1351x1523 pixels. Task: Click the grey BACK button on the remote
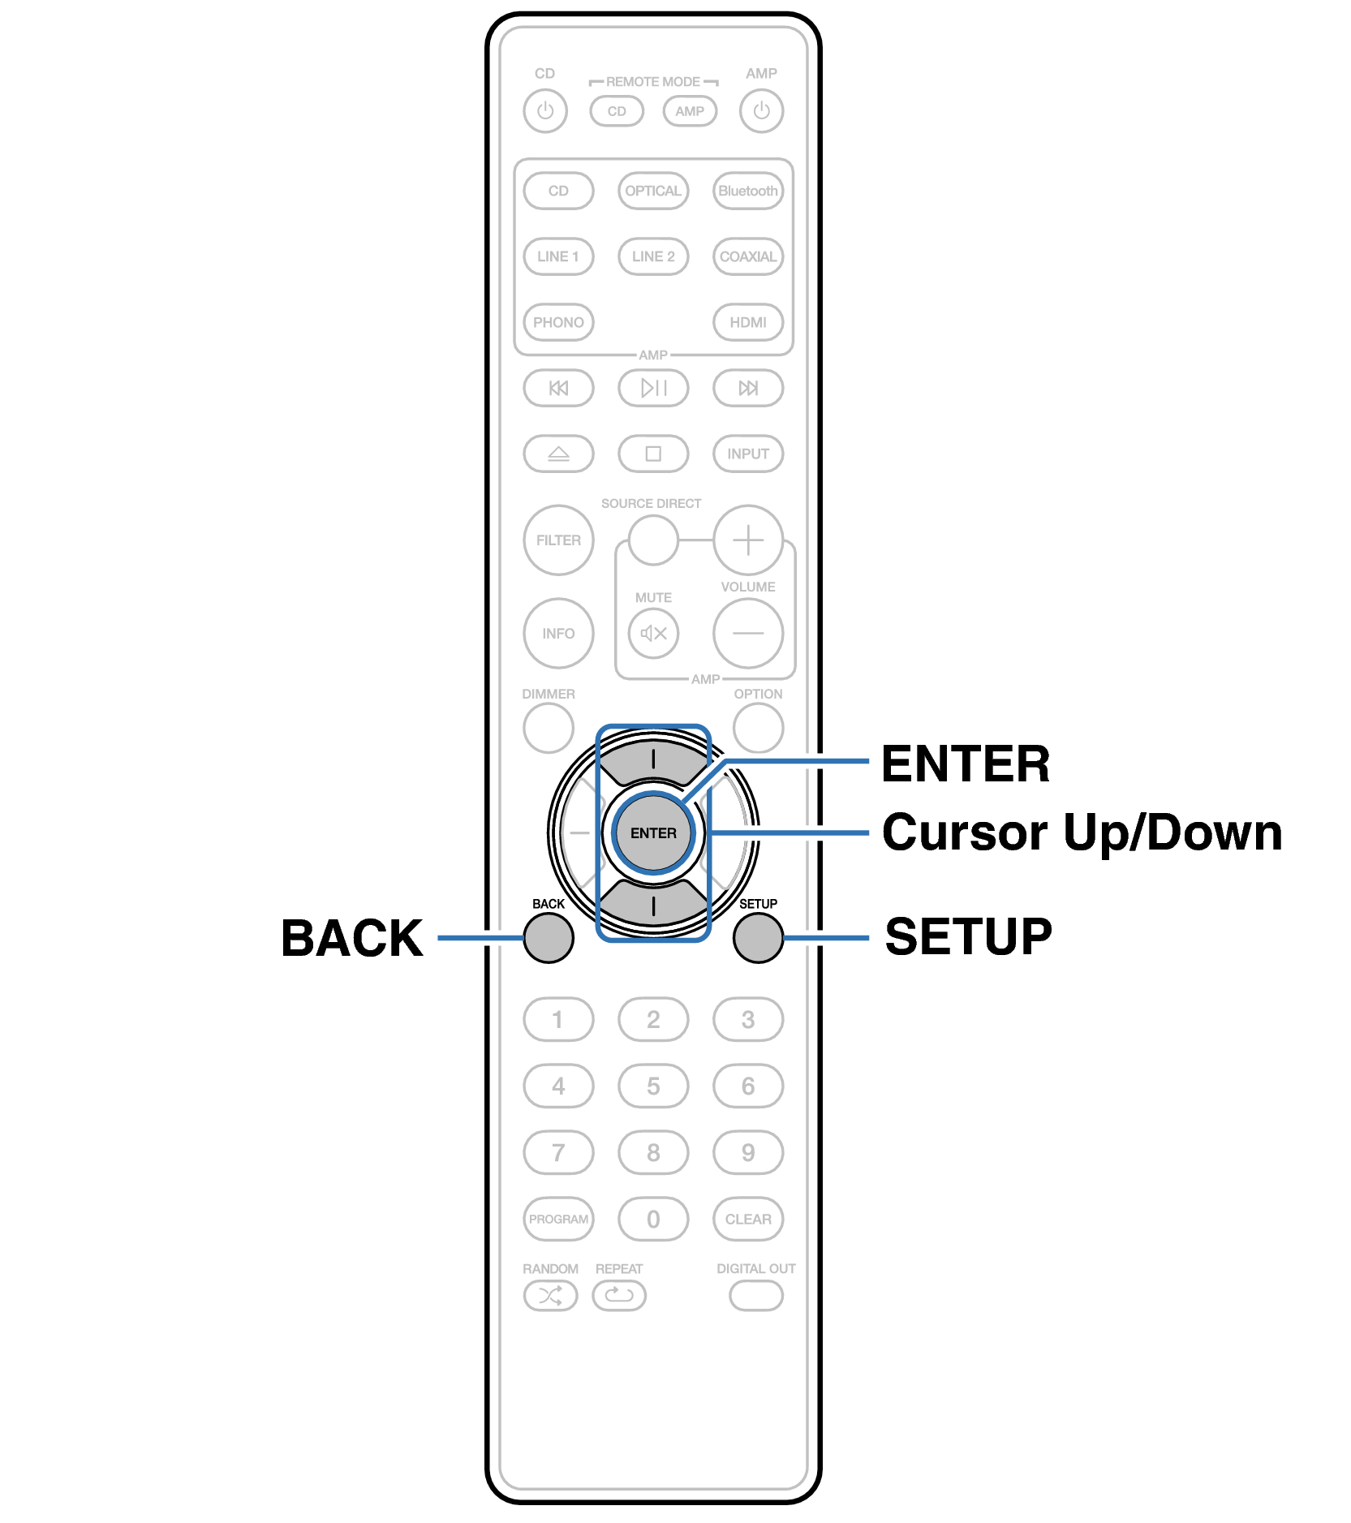point(549,938)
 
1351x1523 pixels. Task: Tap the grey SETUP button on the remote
point(758,938)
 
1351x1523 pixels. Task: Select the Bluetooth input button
point(748,191)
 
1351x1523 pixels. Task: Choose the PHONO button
point(558,322)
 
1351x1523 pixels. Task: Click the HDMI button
point(748,322)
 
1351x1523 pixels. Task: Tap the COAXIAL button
point(748,256)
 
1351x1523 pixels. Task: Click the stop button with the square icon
point(653,454)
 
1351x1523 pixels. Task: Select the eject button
point(558,454)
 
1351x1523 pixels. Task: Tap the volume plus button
point(748,540)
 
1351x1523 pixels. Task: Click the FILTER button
point(558,540)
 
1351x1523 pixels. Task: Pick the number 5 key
point(653,1086)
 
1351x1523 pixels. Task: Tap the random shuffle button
point(550,1296)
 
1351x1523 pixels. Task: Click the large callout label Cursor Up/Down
point(1082,833)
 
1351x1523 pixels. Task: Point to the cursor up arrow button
point(653,761)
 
